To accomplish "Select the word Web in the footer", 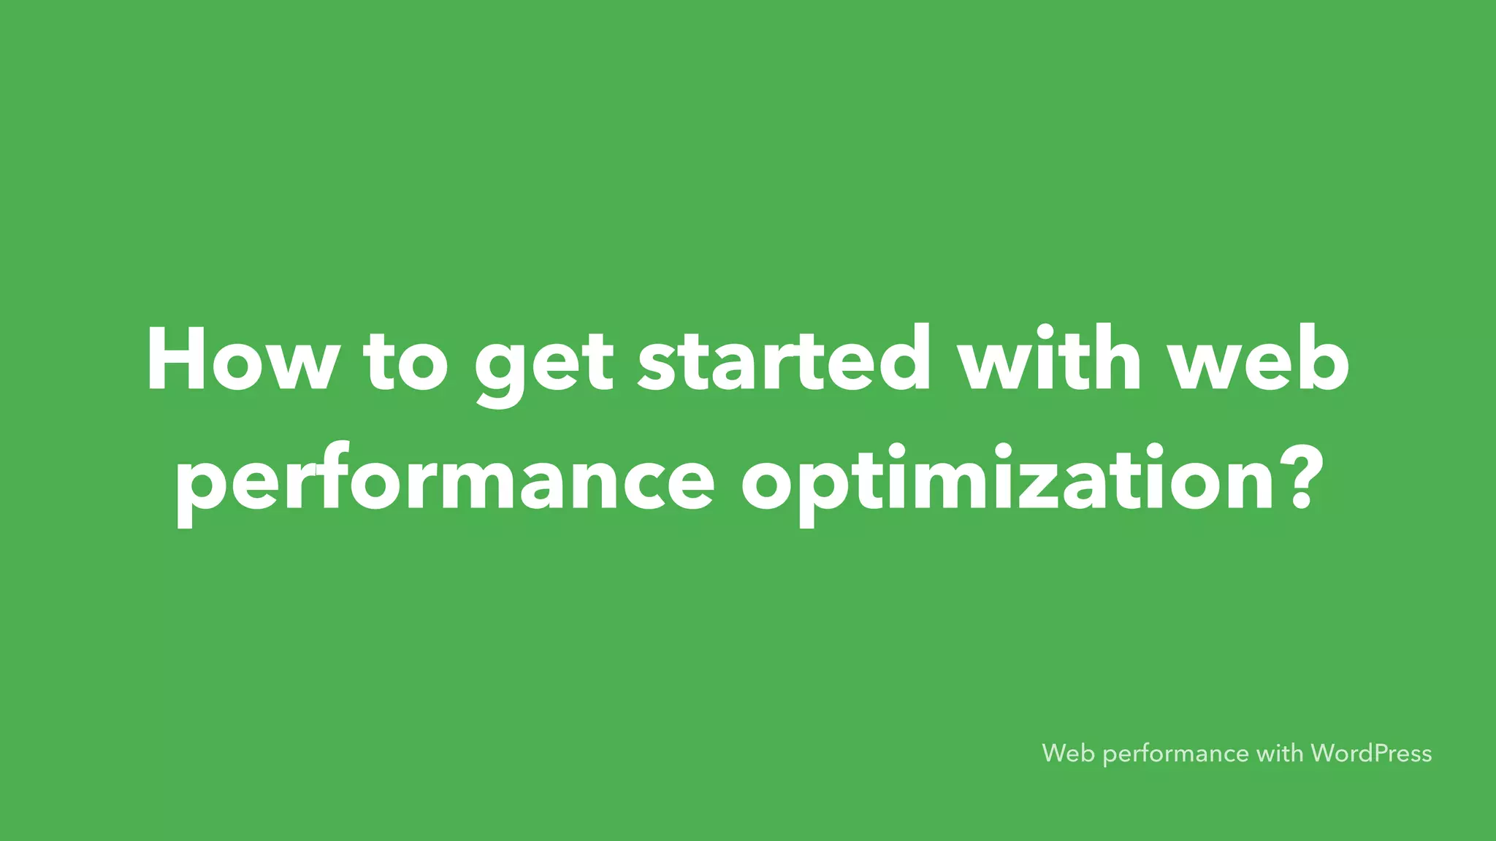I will point(1068,753).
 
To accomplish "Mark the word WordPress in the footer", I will point(1371,753).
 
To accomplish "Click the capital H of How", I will point(175,360).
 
